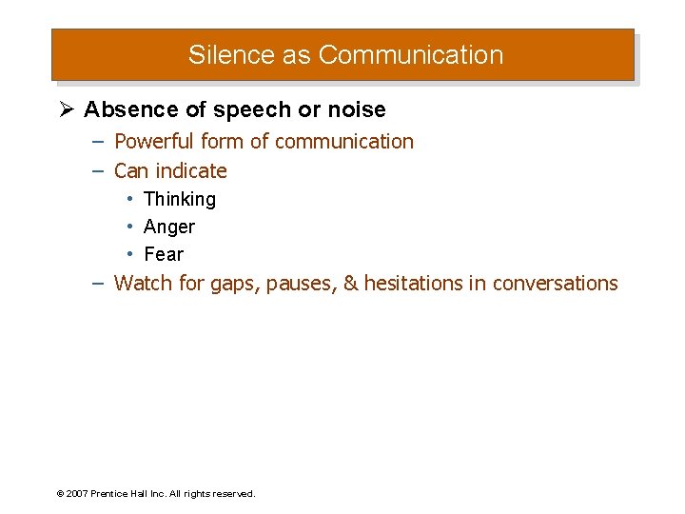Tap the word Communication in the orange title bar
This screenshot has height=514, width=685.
coord(410,55)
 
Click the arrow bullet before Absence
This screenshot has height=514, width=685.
coord(67,109)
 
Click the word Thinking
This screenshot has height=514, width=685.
coord(180,199)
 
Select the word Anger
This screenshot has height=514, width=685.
coord(169,227)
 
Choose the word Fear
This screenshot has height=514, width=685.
coord(164,254)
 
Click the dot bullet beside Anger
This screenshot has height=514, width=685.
coord(129,227)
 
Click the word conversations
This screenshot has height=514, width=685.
coord(555,284)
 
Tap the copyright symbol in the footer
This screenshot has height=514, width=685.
coord(60,494)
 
